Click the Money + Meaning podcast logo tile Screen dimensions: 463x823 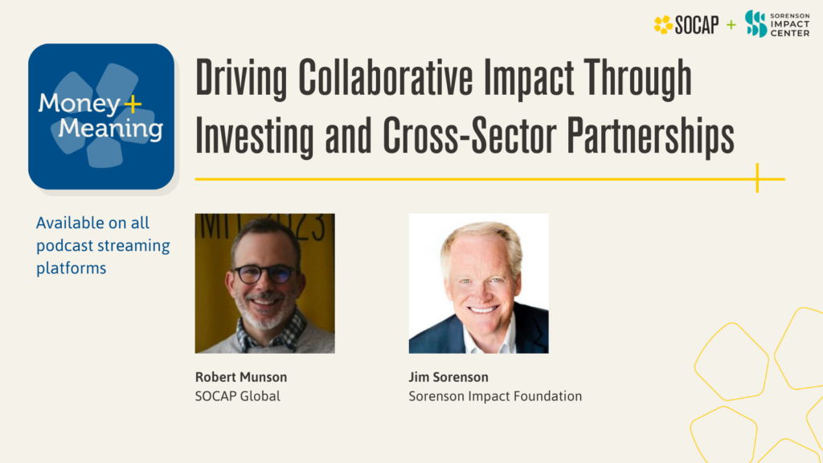tap(101, 116)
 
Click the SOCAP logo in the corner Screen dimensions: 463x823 tap(686, 25)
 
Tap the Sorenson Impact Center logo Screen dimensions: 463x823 tap(776, 24)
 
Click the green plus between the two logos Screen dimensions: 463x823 tap(731, 25)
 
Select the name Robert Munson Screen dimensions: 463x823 tap(240, 377)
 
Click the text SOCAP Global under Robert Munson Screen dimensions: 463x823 tap(238, 395)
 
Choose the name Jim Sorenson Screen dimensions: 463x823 tap(448, 377)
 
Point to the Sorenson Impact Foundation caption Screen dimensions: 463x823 tap(495, 395)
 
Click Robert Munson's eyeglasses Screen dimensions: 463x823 tap(264, 274)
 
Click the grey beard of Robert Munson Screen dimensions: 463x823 tap(266, 315)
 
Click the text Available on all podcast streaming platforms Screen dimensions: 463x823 tap(103, 245)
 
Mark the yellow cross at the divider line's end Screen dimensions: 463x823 tap(757, 178)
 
